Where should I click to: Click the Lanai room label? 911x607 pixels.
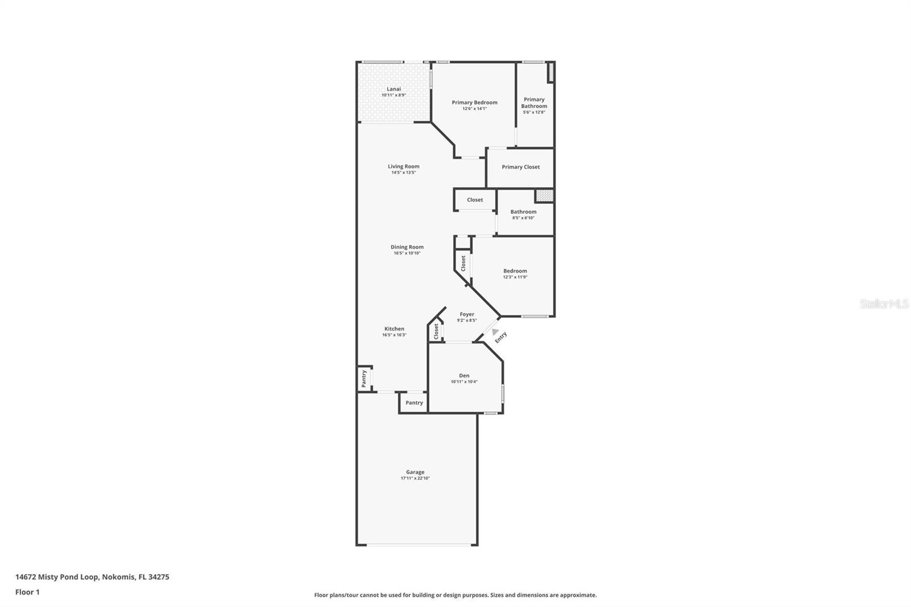point(393,89)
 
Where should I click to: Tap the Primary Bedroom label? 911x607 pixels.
point(474,102)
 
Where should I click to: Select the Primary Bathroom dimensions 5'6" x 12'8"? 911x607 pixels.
point(534,112)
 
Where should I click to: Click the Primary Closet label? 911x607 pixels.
point(520,167)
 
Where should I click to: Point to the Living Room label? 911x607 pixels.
point(403,166)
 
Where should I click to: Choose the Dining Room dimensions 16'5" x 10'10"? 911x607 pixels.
point(407,253)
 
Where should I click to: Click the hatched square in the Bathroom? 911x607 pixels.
point(544,196)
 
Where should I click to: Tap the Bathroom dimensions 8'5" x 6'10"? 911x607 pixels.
point(523,218)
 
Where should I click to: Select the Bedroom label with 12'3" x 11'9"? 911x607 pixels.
point(515,271)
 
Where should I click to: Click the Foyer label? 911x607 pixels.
point(467,314)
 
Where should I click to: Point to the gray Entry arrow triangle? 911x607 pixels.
point(495,331)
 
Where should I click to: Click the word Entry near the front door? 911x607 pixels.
point(500,338)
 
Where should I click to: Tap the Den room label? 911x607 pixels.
point(464,375)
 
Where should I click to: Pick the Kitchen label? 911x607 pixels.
point(394,329)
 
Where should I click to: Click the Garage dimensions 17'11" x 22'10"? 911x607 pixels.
point(415,478)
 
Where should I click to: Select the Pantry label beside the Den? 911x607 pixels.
point(414,403)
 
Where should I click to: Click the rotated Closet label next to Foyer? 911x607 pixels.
point(436,331)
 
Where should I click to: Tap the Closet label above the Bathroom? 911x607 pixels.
point(474,200)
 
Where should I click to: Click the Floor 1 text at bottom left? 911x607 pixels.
point(27,592)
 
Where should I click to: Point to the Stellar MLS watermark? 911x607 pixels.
point(884,304)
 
